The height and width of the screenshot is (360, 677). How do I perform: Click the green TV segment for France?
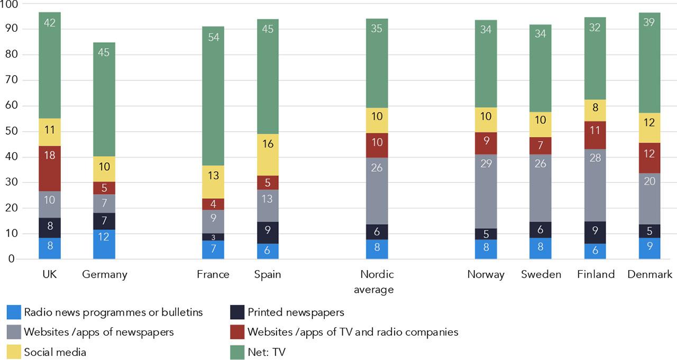tap(213, 96)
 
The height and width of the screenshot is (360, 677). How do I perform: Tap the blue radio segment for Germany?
tap(104, 244)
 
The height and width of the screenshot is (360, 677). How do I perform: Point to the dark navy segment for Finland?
tap(595, 233)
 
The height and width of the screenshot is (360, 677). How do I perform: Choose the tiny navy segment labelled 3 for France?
tap(213, 237)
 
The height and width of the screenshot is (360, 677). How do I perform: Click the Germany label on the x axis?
tap(105, 274)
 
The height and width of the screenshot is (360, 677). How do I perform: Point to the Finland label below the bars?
tap(596, 274)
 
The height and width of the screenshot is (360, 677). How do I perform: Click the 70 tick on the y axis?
tap(11, 80)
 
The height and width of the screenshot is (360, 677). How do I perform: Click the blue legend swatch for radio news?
tap(14, 312)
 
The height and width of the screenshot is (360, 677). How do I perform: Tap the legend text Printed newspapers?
tap(296, 312)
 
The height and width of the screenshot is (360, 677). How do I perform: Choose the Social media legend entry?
tap(55, 352)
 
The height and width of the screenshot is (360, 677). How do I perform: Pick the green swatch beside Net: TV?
tap(237, 352)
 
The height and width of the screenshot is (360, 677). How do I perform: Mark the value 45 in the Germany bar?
tap(104, 53)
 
